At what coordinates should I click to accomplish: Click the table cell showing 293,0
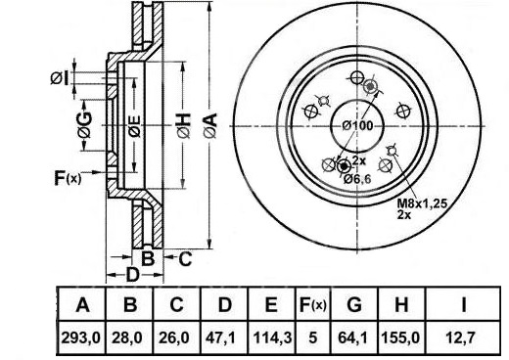(x=81, y=338)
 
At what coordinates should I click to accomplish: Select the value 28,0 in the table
(x=127, y=338)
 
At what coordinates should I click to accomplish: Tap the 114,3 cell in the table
(x=271, y=338)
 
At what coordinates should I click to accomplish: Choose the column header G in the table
(x=354, y=305)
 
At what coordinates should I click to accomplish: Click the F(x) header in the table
(x=313, y=305)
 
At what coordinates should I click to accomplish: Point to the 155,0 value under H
(x=401, y=338)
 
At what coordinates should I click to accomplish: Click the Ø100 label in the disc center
(x=357, y=125)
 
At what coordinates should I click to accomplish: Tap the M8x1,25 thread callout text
(x=422, y=203)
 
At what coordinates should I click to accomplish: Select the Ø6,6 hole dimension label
(x=358, y=179)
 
